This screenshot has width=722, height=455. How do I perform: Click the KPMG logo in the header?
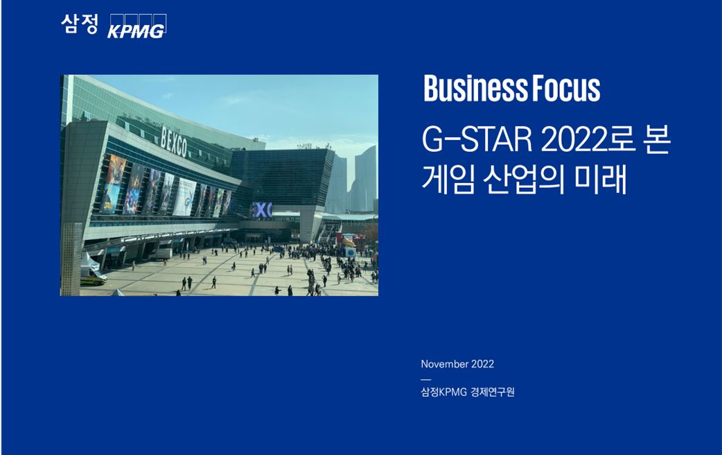(137, 26)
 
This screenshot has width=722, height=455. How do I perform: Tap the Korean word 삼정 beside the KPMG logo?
(80, 24)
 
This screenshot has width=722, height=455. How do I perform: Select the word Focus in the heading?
(566, 88)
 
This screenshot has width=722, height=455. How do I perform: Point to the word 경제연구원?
(493, 392)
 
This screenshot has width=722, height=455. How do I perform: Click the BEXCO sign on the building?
(174, 141)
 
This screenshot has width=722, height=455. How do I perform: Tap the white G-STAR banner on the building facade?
(184, 197)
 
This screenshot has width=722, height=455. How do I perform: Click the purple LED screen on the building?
(262, 209)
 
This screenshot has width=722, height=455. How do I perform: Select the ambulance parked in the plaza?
(94, 275)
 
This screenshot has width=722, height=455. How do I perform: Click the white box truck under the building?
(161, 254)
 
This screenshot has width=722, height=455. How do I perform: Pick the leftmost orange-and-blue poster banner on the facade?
(113, 184)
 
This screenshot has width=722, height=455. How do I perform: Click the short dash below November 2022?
(426, 380)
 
